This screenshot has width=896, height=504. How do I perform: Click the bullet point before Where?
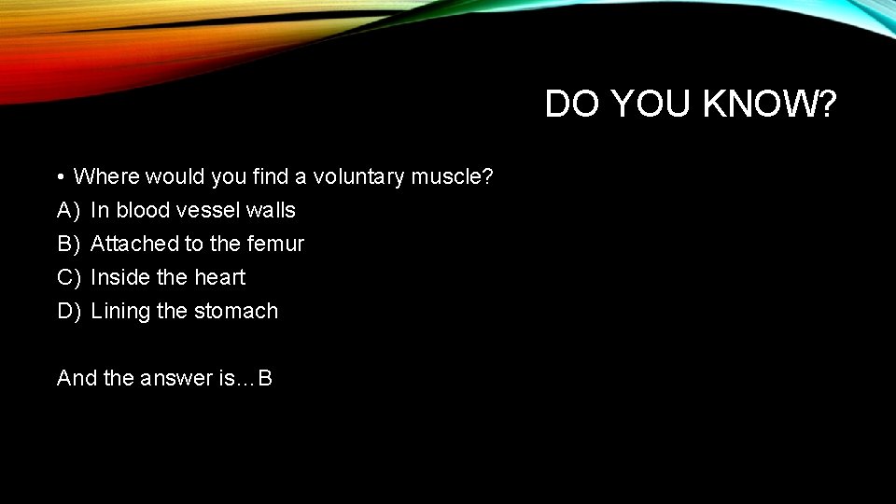(59, 177)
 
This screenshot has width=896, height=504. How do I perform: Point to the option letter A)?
(69, 210)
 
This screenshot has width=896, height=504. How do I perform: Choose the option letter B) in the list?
(69, 244)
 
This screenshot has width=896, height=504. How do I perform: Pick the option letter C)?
(69, 277)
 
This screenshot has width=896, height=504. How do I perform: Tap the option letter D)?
(69, 311)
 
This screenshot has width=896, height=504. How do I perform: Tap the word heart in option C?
(219, 277)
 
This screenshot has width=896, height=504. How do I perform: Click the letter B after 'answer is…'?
(265, 378)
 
